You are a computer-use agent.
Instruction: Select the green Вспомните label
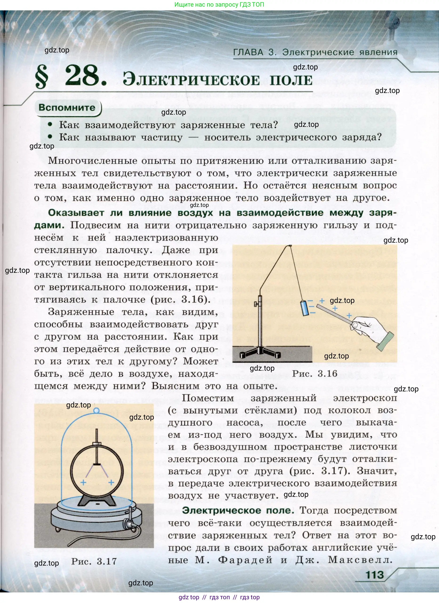pos(67,108)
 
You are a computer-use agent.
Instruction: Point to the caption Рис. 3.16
pos(314,374)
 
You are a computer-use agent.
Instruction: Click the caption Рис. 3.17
pos(94,561)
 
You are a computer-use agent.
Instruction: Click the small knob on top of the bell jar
pos(97,411)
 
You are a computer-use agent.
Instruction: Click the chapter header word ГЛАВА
pos(248,52)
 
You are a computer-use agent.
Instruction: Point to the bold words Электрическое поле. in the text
pos(238,511)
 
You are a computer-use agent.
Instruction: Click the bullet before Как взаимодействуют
pos(50,125)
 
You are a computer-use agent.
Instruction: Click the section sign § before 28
pos(42,77)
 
